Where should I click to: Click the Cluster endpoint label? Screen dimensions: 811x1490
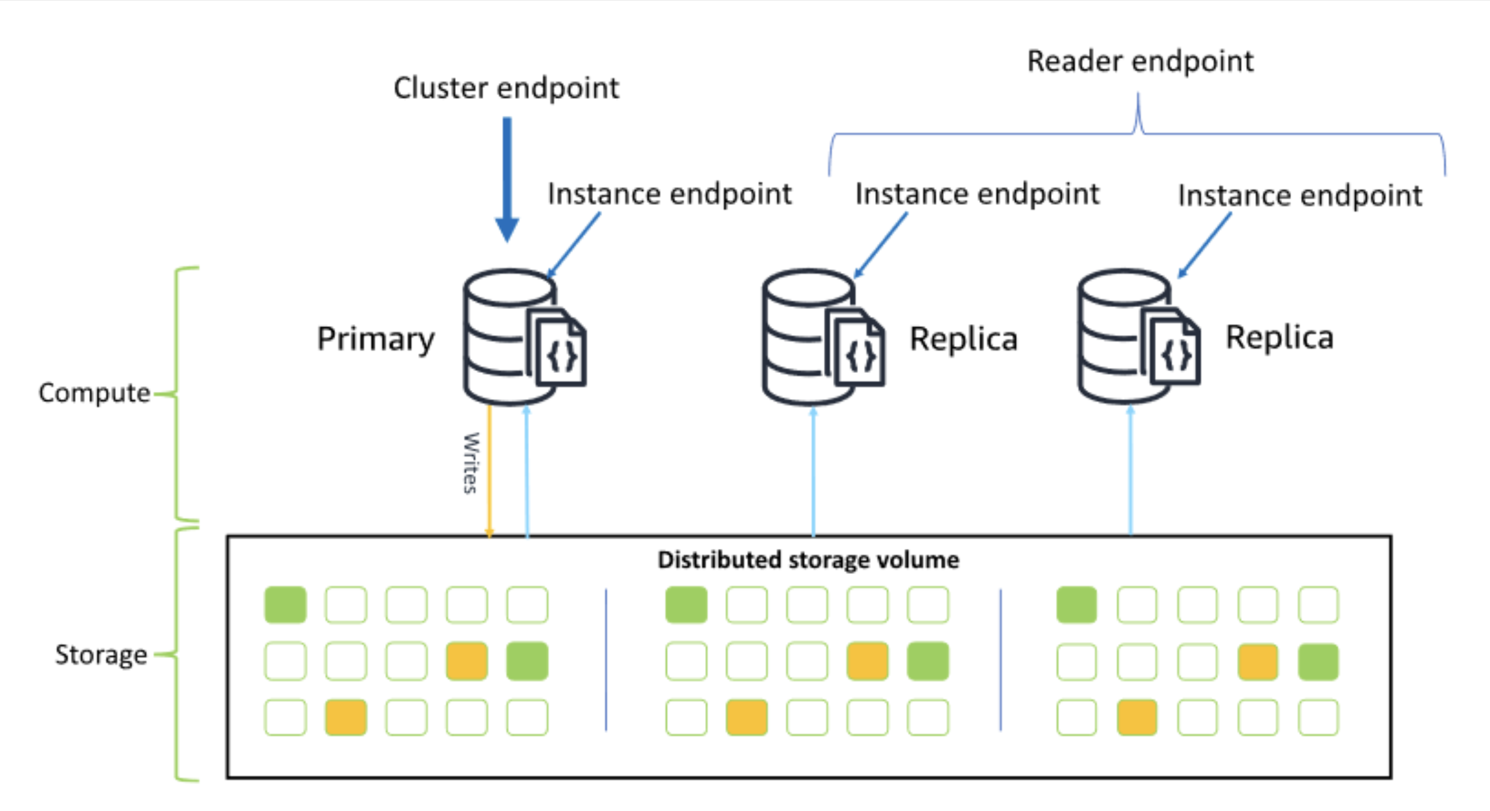(506, 89)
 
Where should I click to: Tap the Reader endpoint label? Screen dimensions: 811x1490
(1140, 61)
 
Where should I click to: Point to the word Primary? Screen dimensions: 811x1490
(375, 339)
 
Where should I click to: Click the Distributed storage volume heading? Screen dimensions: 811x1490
(808, 560)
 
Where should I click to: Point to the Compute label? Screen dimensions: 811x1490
(94, 393)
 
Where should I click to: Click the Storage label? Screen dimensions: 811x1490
(101, 655)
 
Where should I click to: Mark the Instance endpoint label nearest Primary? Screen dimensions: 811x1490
(669, 194)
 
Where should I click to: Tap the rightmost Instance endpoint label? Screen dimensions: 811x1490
(1300, 195)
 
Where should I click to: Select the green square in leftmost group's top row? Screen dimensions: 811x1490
(285, 605)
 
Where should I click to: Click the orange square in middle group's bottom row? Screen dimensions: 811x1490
(747, 717)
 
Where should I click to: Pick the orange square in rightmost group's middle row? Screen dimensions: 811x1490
(1257, 661)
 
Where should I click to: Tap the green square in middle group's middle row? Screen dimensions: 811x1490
(928, 661)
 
